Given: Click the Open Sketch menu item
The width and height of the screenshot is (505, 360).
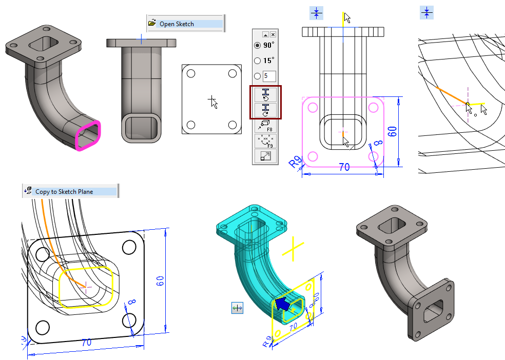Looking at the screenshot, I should point(177,24).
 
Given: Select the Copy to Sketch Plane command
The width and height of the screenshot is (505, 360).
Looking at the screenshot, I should point(64,192).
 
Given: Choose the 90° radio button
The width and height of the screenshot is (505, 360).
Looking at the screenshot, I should point(258,45).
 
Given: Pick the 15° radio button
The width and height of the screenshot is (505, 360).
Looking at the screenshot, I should point(258,61).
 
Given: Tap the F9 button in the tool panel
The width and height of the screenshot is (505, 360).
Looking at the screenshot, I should point(265,141).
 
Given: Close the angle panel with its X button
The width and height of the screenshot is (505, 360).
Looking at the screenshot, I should point(273,34).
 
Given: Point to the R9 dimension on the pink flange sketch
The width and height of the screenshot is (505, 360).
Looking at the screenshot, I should point(295,163).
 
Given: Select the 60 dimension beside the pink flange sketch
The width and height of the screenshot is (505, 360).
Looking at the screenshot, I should point(392,131).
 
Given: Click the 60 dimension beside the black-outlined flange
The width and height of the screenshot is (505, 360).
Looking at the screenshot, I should point(160,281).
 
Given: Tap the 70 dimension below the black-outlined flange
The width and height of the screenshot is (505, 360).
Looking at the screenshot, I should point(86,342).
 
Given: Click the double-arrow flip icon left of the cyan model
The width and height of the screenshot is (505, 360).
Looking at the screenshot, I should point(237,308).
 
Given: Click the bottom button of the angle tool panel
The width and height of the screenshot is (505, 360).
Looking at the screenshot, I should point(265,156).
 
